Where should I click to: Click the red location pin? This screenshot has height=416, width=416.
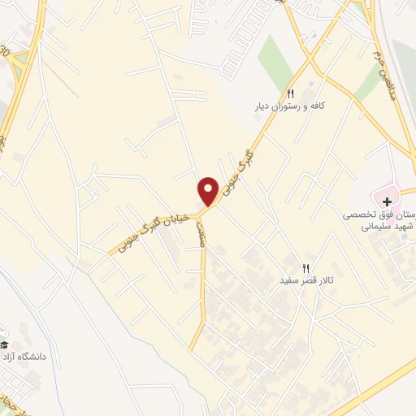click(x=208, y=191)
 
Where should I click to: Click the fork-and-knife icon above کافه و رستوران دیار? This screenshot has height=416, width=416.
click(x=290, y=93)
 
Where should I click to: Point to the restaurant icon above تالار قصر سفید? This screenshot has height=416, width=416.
click(x=306, y=266)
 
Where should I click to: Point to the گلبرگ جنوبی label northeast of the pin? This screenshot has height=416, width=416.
click(x=252, y=155)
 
